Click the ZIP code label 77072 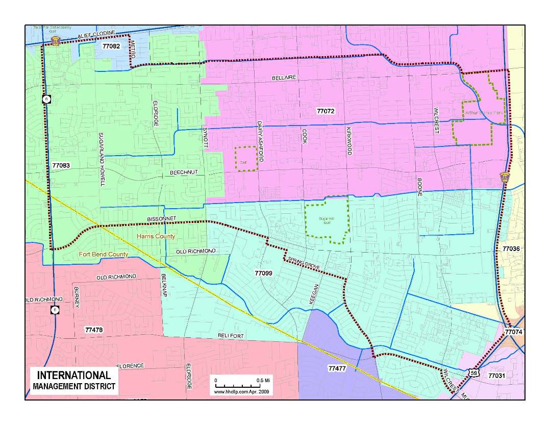(x=325, y=111)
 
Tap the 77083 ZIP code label (x=61, y=166)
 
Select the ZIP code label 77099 (x=263, y=273)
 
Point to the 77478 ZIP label (x=94, y=330)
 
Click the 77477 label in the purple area (x=337, y=368)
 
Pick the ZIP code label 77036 (x=511, y=248)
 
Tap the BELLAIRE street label (x=284, y=78)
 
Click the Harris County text (x=156, y=236)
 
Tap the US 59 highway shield (x=474, y=373)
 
